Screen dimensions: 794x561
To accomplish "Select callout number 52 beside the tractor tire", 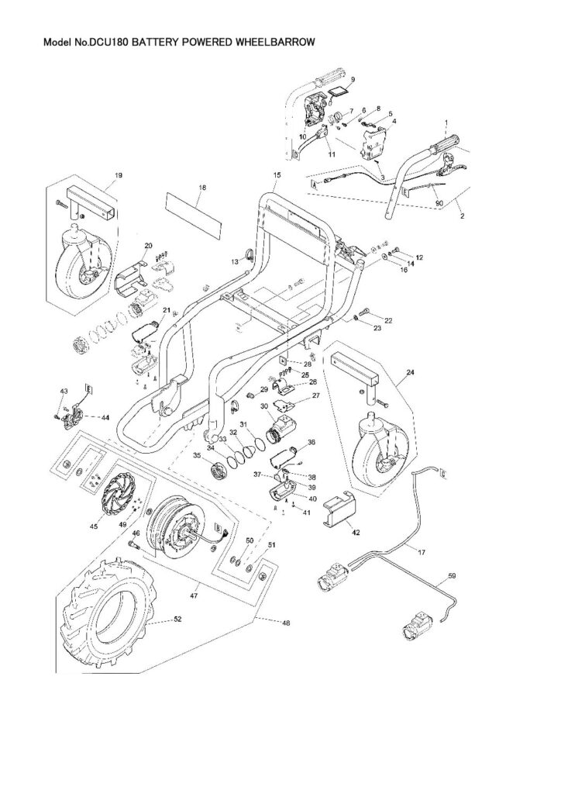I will click(x=178, y=620).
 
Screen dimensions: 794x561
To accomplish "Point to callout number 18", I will click(x=202, y=188).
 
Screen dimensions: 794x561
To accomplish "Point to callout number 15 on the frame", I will click(x=277, y=176).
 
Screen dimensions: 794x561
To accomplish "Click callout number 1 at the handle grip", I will click(x=446, y=124).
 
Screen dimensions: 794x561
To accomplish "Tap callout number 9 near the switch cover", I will click(x=352, y=80).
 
